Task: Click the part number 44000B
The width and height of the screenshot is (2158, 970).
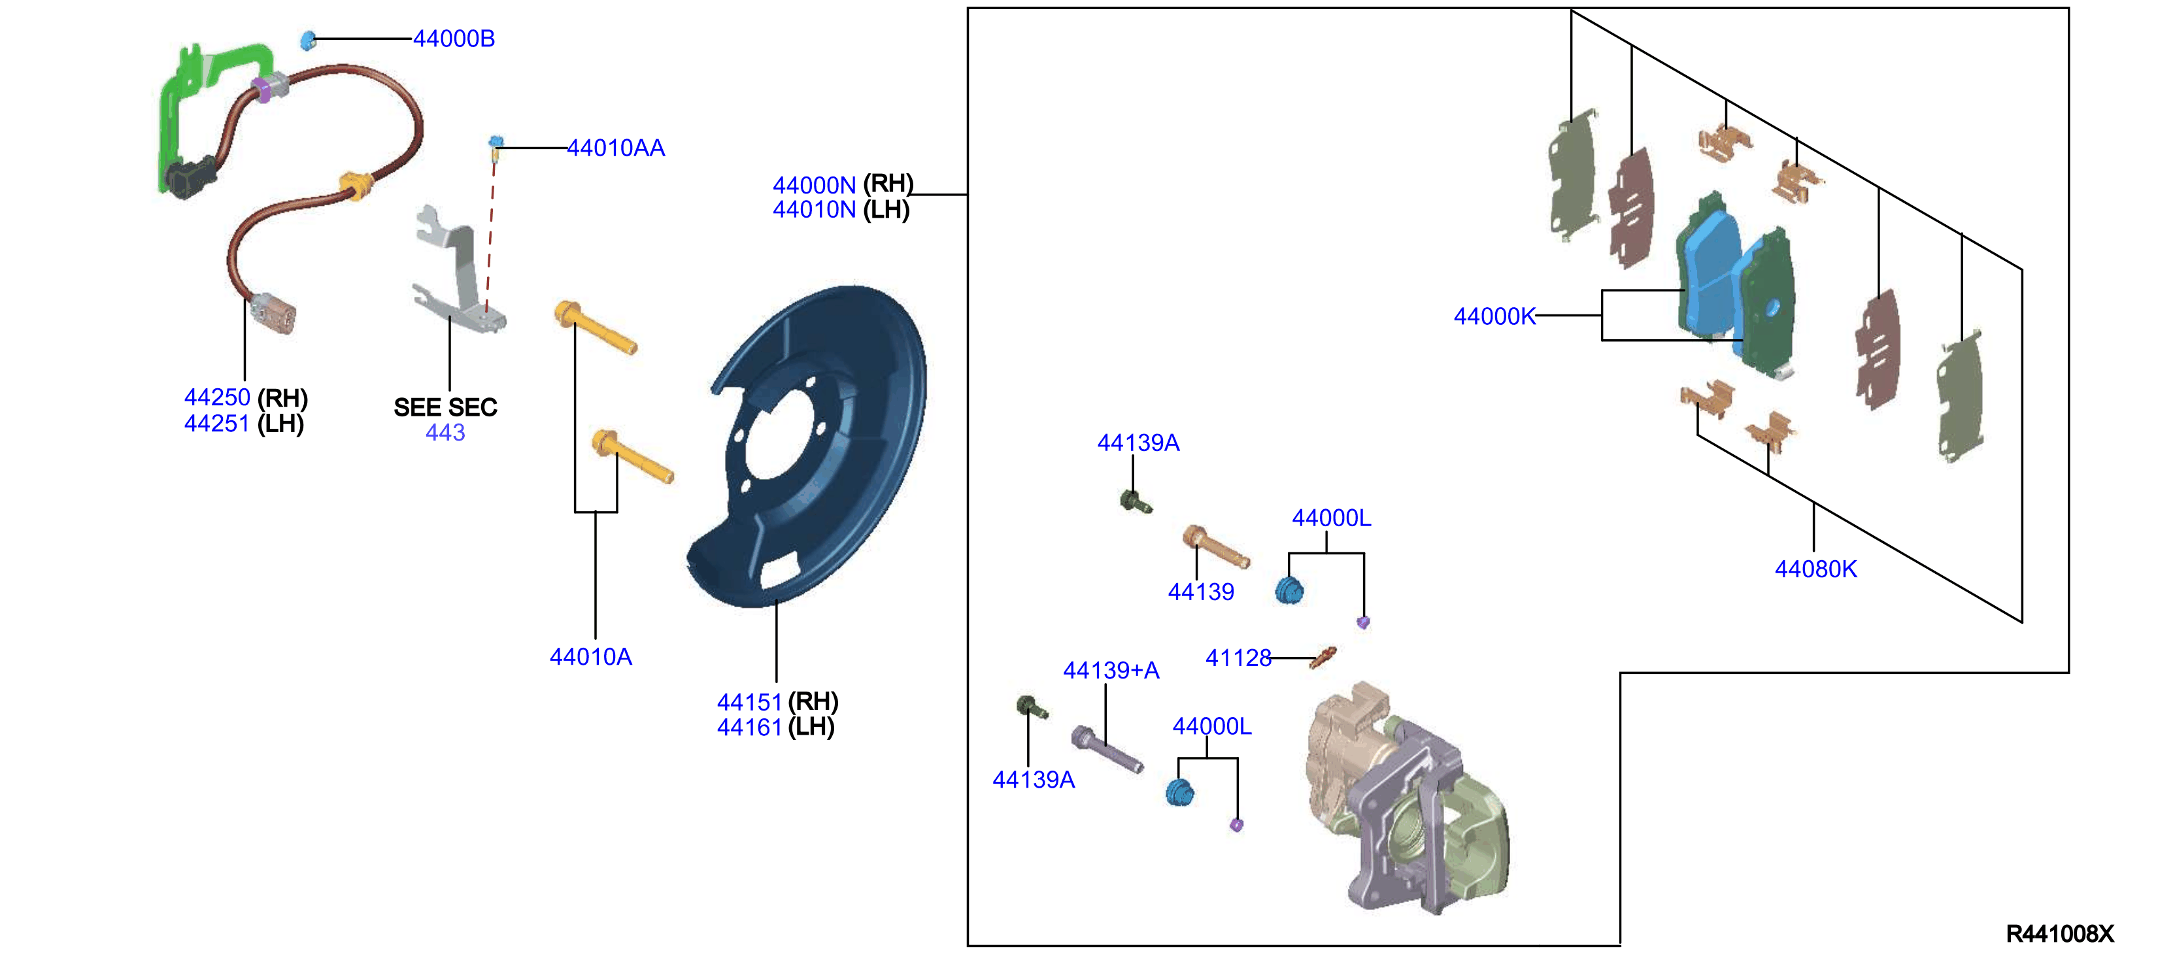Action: coord(454,39)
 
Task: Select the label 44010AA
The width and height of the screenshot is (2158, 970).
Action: coord(616,148)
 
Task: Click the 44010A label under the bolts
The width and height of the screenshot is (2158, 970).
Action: coord(590,657)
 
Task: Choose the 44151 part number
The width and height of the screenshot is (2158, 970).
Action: coord(749,702)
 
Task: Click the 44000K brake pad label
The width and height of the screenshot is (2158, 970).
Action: coord(1494,316)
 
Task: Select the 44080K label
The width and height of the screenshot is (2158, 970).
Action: coord(1815,569)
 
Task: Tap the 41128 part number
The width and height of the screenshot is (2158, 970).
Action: coord(1238,658)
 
